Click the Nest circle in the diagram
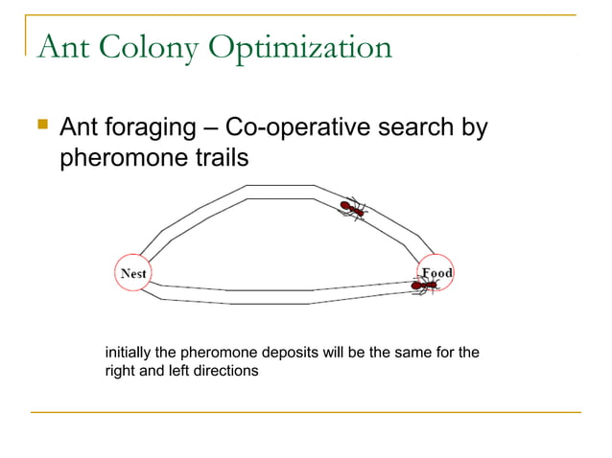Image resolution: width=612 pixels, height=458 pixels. coord(133,274)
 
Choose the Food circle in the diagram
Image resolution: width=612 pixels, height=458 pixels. coord(435,274)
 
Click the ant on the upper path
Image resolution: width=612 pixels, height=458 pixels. coord(353,208)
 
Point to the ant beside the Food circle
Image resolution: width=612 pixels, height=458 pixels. coord(423,285)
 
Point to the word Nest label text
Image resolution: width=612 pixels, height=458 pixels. coord(133,274)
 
